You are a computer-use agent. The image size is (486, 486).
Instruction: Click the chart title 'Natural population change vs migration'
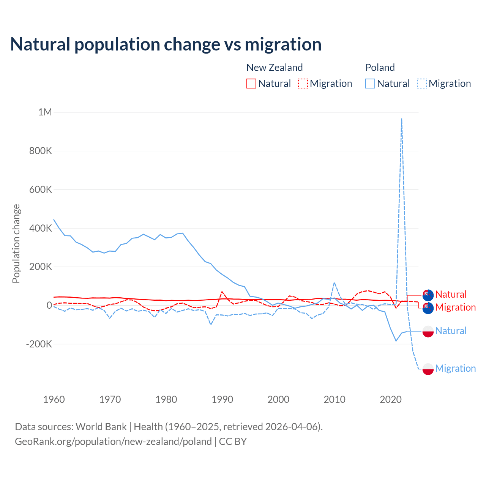pyautogui.click(x=166, y=44)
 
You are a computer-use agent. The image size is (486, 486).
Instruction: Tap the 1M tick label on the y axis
pyautogui.click(x=45, y=112)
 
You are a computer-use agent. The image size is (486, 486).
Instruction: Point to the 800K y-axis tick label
pyautogui.click(x=41, y=151)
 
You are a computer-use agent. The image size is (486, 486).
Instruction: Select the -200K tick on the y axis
pyautogui.click(x=39, y=344)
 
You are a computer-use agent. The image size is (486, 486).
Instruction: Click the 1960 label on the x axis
pyautogui.click(x=54, y=399)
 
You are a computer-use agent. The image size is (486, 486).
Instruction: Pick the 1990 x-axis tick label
pyautogui.click(x=222, y=399)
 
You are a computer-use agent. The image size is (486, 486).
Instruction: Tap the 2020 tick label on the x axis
pyautogui.click(x=391, y=399)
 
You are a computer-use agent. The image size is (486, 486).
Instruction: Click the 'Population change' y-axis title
pyautogui.click(x=16, y=244)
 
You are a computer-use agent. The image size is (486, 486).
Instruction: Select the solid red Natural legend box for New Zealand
pyautogui.click(x=251, y=84)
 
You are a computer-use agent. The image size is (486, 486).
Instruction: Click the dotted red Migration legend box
pyautogui.click(x=303, y=84)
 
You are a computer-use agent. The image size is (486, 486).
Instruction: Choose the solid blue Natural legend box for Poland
pyautogui.click(x=370, y=84)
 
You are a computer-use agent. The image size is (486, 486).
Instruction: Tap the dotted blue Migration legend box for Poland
pyautogui.click(x=422, y=84)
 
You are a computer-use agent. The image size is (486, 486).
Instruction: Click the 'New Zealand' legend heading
pyautogui.click(x=275, y=68)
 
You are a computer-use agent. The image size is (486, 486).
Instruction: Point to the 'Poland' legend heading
pyautogui.click(x=380, y=68)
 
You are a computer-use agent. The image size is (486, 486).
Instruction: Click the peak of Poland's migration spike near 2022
pyautogui.click(x=402, y=119)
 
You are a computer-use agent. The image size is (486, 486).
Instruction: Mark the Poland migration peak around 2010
pyautogui.click(x=334, y=283)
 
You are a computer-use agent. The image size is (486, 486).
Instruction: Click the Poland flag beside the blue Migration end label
pyautogui.click(x=428, y=369)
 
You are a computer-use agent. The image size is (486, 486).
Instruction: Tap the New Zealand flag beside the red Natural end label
pyautogui.click(x=428, y=295)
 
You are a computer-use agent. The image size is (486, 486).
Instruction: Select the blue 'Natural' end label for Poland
pyautogui.click(x=451, y=331)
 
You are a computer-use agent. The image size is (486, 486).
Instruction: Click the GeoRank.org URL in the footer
pyautogui.click(x=113, y=442)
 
